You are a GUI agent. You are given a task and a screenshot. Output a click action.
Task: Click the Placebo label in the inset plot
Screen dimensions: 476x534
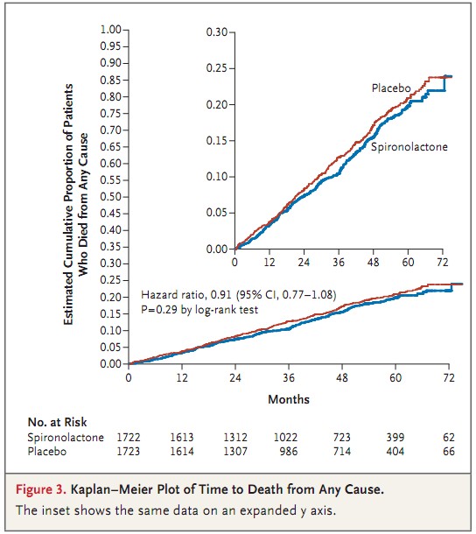point(391,88)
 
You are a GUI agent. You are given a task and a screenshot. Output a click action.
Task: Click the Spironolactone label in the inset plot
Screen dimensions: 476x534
point(409,147)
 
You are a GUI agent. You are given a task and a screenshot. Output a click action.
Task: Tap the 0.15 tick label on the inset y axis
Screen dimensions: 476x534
point(216,140)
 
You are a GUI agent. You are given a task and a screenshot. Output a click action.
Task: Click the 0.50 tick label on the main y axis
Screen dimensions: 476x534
point(110,197)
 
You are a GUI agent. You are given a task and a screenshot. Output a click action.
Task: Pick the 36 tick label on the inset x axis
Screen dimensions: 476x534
point(339,263)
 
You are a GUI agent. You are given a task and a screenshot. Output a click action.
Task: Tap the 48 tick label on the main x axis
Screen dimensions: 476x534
point(342,377)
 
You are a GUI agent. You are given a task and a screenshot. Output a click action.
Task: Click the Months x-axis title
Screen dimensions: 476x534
point(289,399)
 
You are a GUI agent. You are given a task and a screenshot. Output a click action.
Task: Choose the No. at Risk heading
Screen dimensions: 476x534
point(57,422)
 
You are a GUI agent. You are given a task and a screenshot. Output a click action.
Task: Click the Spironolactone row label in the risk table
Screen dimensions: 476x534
point(66,438)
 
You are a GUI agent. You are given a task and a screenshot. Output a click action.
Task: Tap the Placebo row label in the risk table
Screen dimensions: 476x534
point(47,452)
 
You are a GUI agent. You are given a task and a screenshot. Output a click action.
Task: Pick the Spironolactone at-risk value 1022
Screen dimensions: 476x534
point(285,438)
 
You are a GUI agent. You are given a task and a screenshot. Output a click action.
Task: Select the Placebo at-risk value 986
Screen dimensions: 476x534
point(289,452)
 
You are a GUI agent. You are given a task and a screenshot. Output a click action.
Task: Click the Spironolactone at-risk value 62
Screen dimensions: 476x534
point(449,438)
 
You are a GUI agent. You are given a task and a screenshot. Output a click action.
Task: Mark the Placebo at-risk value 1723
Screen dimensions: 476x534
point(129,452)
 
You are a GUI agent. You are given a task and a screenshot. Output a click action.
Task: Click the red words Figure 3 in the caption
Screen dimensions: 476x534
point(41,489)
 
